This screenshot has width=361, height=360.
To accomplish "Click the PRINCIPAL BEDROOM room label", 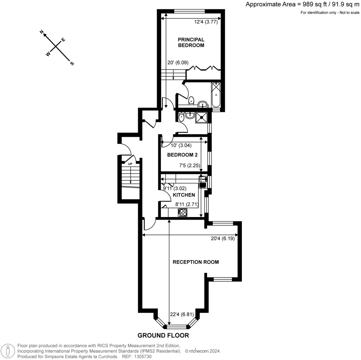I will coord(191,42).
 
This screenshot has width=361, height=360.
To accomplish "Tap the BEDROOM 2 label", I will coord(182,155).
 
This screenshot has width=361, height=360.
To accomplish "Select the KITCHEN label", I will coord(184,195).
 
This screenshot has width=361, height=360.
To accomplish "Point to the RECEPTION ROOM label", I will coord(196,262).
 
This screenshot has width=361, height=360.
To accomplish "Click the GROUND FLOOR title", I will coord(163,335).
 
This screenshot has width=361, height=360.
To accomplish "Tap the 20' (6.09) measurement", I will coord(178,62).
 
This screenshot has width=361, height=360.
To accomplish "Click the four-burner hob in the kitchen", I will coord(183,212).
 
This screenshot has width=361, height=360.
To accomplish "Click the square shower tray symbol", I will coord(202,118).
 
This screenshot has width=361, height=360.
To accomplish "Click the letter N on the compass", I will coord(42,32).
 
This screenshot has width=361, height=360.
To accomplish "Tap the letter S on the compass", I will coord(72,64).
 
